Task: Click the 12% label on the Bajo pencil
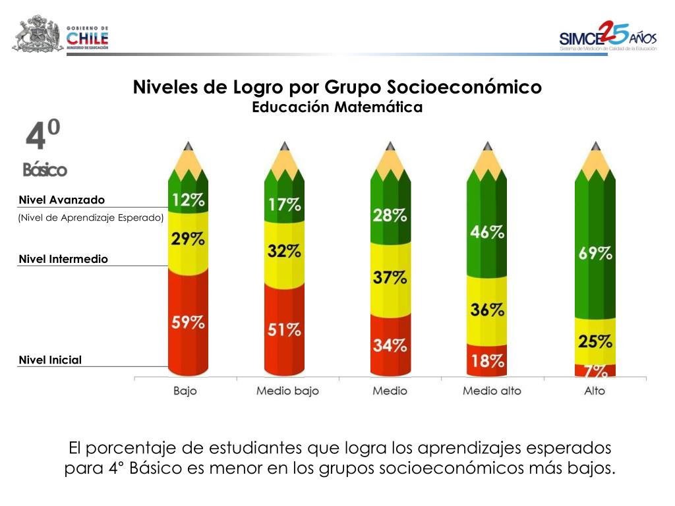[188, 200]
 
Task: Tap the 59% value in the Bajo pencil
[188, 323]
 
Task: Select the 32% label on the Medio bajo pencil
[285, 251]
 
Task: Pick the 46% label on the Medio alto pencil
[488, 232]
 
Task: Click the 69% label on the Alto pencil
[595, 253]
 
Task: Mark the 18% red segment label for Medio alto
[488, 360]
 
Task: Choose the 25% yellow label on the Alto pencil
[595, 341]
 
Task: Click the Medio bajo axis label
[287, 391]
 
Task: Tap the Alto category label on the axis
[594, 391]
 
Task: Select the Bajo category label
[185, 391]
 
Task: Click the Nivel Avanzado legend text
[61, 200]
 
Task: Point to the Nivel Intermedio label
[63, 259]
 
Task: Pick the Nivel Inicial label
[50, 360]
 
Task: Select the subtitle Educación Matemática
[337, 107]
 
